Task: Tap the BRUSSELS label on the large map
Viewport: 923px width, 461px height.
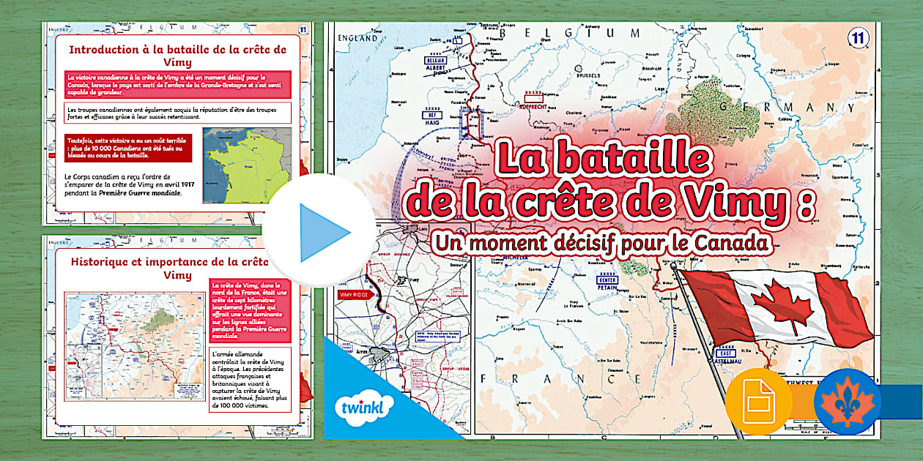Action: pos(587,75)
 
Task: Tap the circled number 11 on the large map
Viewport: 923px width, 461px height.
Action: pos(856,37)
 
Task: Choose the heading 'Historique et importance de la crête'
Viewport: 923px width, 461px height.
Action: pos(168,261)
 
